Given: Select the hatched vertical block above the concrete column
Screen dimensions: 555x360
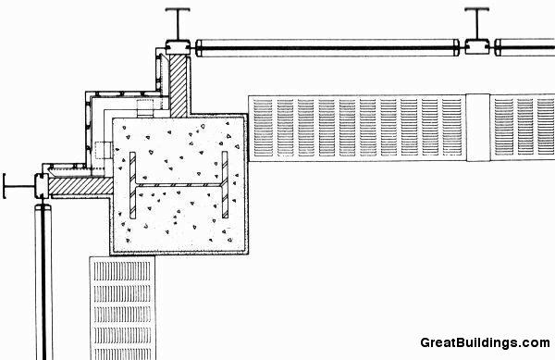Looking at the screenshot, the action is (x=178, y=85).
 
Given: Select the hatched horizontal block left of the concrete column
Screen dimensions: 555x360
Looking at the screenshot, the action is (x=79, y=185).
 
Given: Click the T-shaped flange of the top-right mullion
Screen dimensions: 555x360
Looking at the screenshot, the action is (x=477, y=11).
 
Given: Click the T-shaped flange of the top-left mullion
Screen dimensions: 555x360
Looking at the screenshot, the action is (x=176, y=11).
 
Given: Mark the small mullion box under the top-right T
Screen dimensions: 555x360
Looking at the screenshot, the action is (x=477, y=44).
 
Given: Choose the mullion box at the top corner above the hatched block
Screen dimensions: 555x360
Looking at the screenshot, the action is (x=175, y=46).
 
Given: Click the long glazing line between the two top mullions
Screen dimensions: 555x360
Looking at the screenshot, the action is (x=328, y=44).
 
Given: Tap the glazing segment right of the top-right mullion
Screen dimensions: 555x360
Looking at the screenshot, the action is (x=524, y=44).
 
